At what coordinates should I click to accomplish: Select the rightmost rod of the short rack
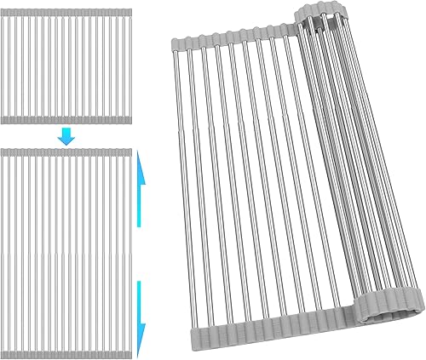pos(128,64)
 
